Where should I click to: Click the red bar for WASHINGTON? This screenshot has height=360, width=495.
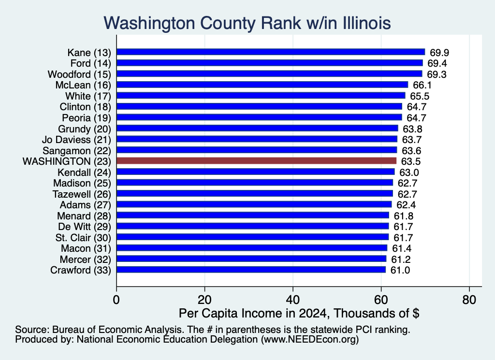click(256, 161)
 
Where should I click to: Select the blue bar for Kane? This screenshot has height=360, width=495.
click(271, 52)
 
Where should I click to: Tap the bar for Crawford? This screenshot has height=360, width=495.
click(251, 270)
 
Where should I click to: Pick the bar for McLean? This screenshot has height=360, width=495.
click(262, 85)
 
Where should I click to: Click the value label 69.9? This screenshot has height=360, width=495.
click(439, 53)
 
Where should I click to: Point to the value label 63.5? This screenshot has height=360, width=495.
click(411, 161)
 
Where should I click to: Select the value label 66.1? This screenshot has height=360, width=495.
click(422, 85)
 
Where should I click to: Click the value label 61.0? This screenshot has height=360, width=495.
click(400, 271)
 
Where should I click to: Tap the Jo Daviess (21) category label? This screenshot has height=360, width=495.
click(76, 140)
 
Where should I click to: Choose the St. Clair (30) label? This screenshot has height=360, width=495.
click(83, 238)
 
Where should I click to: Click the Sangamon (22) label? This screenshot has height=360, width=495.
click(77, 150)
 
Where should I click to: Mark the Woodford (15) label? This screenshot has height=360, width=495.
click(79, 74)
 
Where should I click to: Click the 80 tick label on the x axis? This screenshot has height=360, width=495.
click(469, 300)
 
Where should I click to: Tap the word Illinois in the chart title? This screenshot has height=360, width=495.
click(367, 23)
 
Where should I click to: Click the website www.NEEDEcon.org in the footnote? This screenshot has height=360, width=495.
click(310, 339)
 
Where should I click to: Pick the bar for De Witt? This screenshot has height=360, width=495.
click(252, 226)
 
